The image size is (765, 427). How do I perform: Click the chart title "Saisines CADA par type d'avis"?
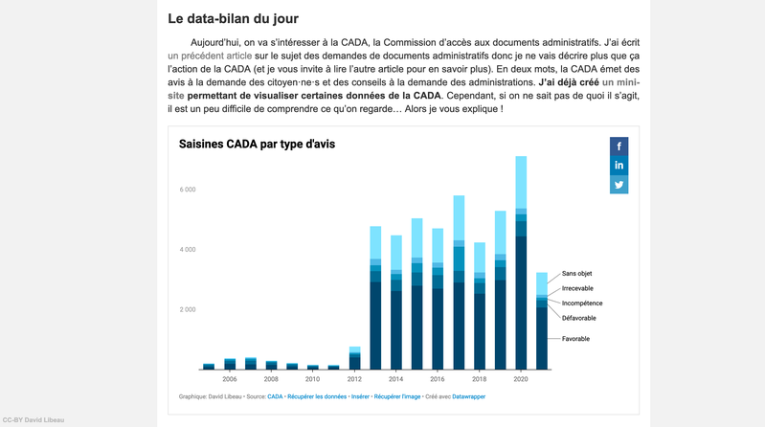[x=257, y=145]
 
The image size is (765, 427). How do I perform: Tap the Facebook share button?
[x=619, y=146]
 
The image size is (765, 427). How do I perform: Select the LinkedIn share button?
[x=619, y=166]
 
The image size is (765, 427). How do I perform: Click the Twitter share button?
[x=619, y=185]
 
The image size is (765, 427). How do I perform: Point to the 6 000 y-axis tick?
[x=187, y=190]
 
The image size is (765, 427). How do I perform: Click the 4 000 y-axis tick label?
[x=187, y=250]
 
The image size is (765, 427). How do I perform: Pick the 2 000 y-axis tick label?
[x=187, y=310]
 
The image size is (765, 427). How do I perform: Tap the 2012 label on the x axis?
[x=354, y=379]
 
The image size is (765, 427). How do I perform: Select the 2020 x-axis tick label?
[x=521, y=379]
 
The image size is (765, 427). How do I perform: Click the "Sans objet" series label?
[x=577, y=274]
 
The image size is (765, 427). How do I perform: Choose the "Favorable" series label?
[x=575, y=339]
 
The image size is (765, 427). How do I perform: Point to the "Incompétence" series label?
[x=582, y=303]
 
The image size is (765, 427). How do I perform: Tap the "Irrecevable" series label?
[x=578, y=288]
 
